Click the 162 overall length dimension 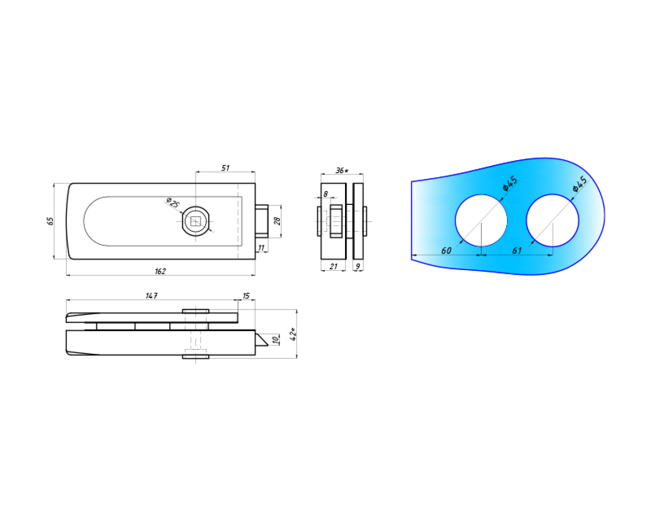click(x=160, y=271)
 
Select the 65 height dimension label click(x=50, y=221)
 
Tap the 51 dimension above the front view click(x=225, y=168)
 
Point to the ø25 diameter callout click(x=173, y=202)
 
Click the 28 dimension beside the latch click(x=277, y=221)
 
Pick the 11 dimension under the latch click(x=261, y=248)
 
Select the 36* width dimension click(x=342, y=171)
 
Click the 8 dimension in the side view click(x=325, y=194)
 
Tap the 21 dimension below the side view click(x=333, y=267)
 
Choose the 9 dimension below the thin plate click(x=358, y=267)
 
